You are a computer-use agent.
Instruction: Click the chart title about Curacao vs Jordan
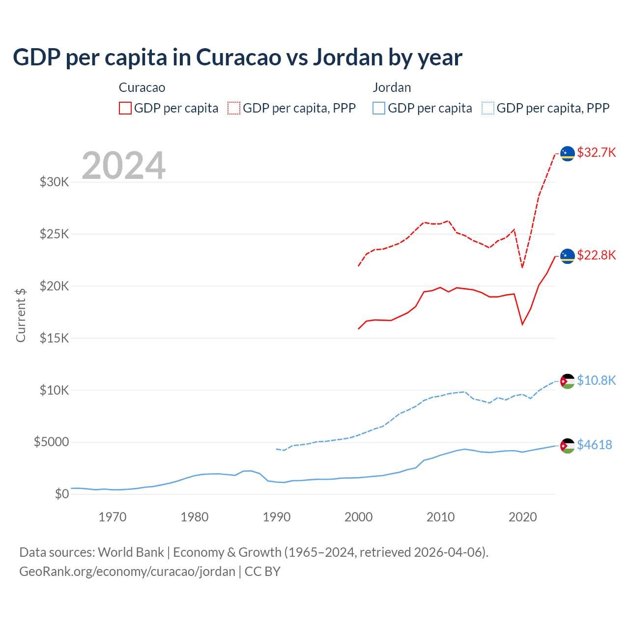click(237, 57)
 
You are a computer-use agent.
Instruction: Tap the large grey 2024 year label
click(123, 166)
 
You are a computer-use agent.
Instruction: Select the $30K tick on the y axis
click(55, 182)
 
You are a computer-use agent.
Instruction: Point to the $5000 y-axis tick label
click(52, 442)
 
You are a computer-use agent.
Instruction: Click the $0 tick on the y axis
click(62, 494)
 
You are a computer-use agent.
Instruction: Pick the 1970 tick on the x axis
click(113, 517)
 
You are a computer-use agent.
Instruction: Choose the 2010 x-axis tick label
click(441, 517)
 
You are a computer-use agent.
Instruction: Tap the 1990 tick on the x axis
click(277, 517)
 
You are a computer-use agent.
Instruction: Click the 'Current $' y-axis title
click(21, 315)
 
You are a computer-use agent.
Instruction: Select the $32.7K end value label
click(596, 152)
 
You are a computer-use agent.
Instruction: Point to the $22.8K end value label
click(596, 255)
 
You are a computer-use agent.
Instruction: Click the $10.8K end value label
click(596, 380)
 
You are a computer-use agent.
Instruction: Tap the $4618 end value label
click(594, 445)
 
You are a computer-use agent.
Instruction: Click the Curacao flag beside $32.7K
click(568, 153)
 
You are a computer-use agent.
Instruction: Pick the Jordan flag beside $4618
click(568, 446)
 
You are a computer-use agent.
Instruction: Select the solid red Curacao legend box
click(125, 108)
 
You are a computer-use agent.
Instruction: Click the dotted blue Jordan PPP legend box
click(488, 108)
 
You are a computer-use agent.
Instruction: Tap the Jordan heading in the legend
click(392, 87)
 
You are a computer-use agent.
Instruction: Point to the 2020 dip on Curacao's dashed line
click(522, 267)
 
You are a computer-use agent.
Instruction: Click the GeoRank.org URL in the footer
click(127, 572)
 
